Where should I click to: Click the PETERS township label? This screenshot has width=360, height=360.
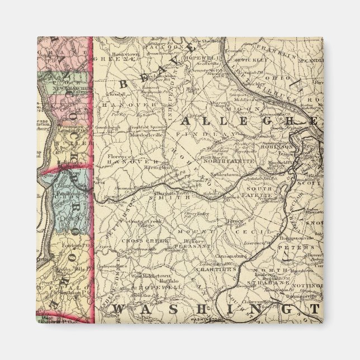pyautogui.click(x=302, y=246)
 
